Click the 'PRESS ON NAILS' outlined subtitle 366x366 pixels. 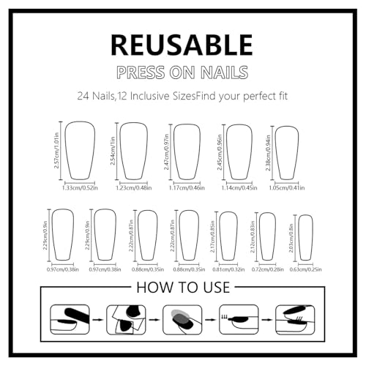tap(182, 72)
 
